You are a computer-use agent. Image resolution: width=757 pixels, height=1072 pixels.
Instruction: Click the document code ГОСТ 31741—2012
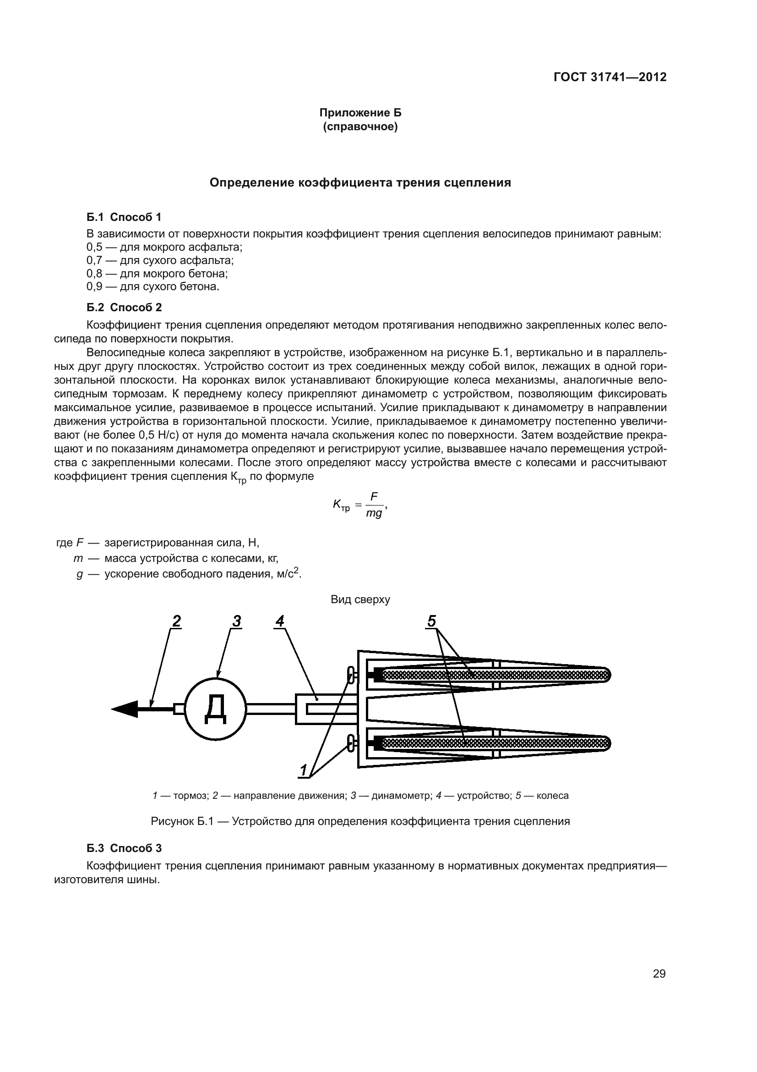tap(610, 77)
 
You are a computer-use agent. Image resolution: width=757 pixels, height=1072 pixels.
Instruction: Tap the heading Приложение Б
tap(360, 113)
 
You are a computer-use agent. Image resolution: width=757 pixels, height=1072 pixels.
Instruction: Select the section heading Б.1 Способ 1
tap(124, 217)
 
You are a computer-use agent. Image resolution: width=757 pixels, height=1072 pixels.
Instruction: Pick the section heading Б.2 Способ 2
tap(124, 307)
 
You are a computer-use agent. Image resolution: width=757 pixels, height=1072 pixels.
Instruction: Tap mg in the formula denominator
tap(374, 514)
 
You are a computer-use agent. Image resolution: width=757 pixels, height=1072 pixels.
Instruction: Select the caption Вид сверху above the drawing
tap(360, 599)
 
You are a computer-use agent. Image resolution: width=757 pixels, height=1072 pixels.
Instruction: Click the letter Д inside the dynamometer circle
tap(216, 709)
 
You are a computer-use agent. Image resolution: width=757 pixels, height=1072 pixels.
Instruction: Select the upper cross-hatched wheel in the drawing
tap(495, 675)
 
